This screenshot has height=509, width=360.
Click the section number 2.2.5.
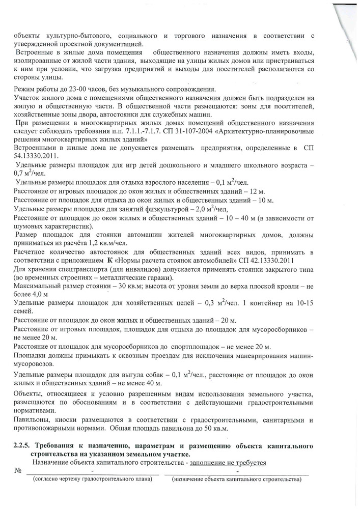click(23, 446)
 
